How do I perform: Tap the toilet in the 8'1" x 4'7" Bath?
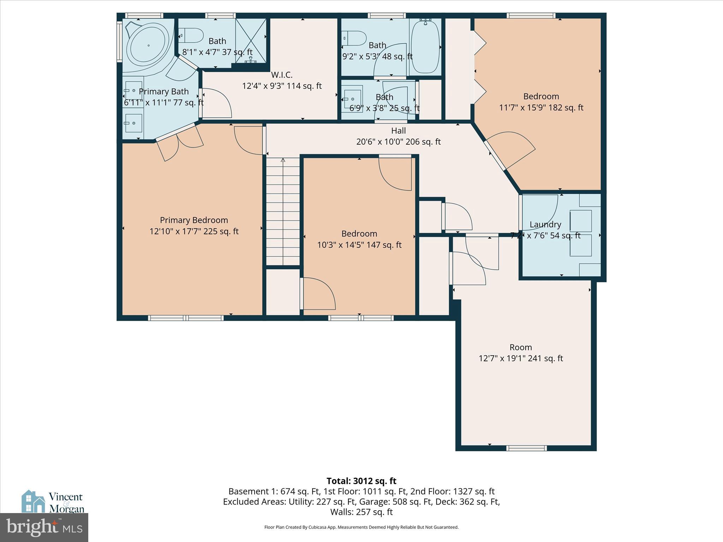tap(192, 36)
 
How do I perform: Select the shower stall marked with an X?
tap(251, 41)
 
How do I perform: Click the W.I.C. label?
tap(281, 75)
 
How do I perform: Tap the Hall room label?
tap(398, 131)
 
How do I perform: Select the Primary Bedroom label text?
tap(194, 220)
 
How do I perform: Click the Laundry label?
tap(545, 224)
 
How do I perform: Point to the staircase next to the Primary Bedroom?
tap(283, 212)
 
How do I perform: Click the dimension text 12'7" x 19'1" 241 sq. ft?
tap(521, 359)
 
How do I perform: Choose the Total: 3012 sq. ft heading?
tap(361, 481)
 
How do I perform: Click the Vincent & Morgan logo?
tap(53, 501)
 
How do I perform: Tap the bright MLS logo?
tap(44, 528)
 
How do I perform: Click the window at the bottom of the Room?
tap(526, 448)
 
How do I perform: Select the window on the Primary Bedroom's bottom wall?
tap(186, 318)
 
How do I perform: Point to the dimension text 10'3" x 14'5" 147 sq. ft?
tap(359, 245)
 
